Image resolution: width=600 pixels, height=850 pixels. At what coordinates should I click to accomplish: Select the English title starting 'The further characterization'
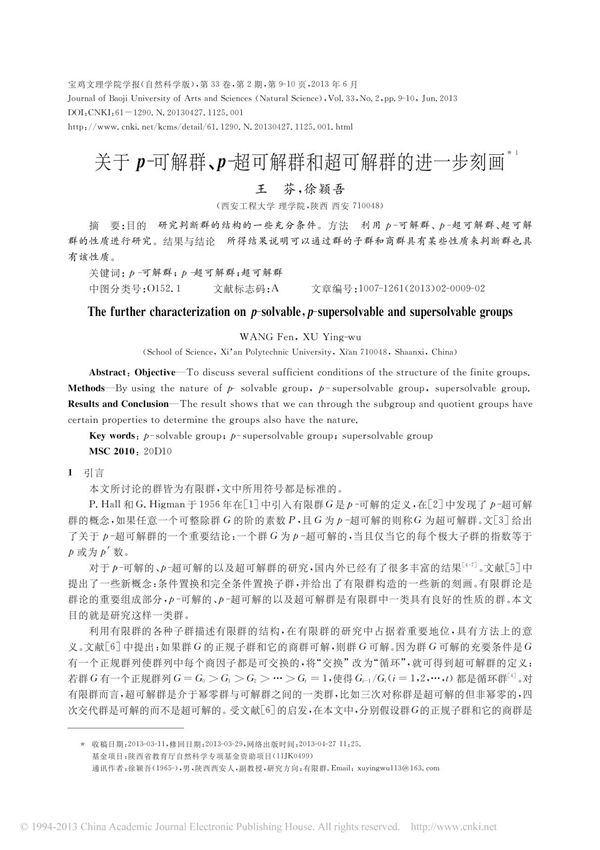click(x=300, y=312)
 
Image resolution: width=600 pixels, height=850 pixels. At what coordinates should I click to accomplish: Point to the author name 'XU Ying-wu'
click(x=327, y=336)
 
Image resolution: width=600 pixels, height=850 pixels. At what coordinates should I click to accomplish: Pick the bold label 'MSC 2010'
click(x=116, y=451)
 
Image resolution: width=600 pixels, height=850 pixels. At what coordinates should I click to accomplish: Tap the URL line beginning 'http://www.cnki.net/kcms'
click(x=209, y=127)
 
